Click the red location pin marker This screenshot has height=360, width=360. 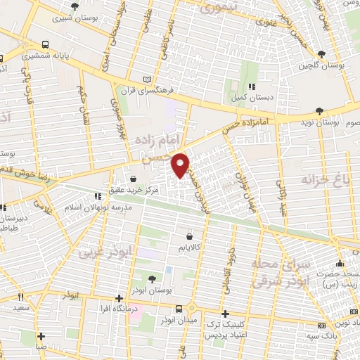click(181, 165)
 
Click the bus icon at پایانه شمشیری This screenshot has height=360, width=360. click(46, 43)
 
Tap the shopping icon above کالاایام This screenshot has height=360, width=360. click(189, 237)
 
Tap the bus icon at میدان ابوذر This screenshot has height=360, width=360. click(179, 309)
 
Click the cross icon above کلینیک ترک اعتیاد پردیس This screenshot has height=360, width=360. click(224, 314)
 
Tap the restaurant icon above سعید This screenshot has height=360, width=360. click(20, 296)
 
